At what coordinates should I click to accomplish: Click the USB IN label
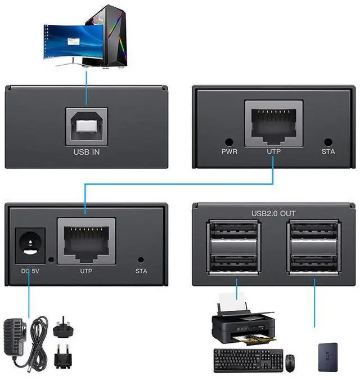[x=87, y=151]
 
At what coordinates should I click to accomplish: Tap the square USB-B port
[x=87, y=125]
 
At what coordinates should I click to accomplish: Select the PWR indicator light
[x=229, y=143]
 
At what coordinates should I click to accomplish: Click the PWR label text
[x=229, y=152]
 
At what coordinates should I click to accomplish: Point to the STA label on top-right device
[x=328, y=152]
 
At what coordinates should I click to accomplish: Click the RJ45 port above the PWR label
[x=273, y=124]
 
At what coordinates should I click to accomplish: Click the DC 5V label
[x=29, y=271]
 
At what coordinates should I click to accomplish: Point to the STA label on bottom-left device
[x=141, y=271]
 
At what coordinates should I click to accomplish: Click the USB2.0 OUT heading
[x=273, y=213]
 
